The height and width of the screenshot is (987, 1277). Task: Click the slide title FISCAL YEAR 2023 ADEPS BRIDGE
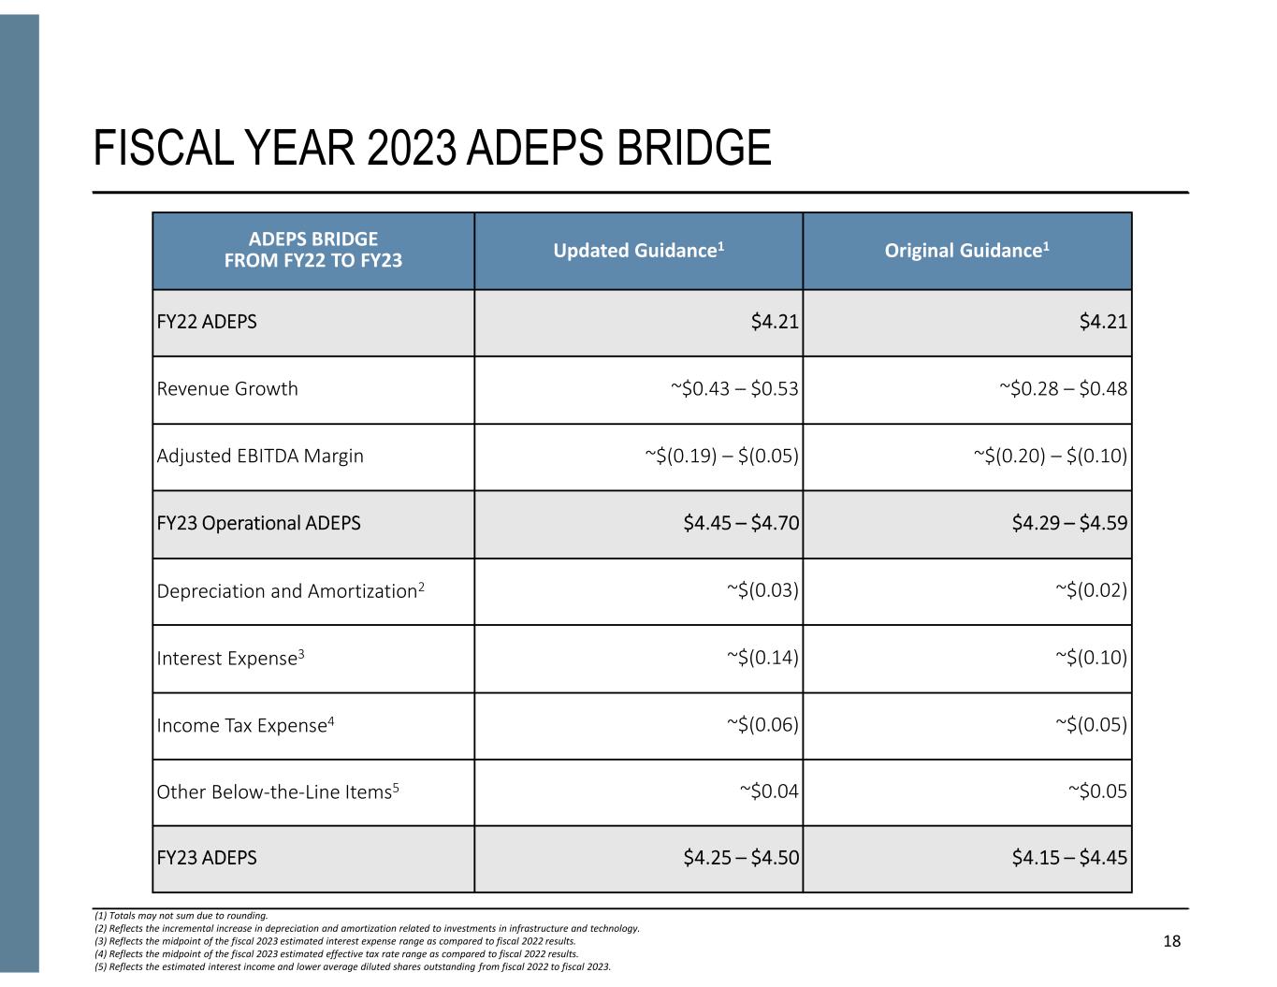click(x=432, y=149)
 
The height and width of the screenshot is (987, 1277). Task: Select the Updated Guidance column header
click(x=639, y=251)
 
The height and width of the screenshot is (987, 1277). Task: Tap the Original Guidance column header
click(x=966, y=251)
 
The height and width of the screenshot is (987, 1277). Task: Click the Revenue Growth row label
click(x=227, y=389)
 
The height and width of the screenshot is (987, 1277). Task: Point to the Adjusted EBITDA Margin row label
click(x=260, y=457)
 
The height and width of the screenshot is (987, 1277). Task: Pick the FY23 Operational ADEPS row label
click(x=258, y=523)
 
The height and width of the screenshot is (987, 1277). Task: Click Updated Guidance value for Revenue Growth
click(x=734, y=389)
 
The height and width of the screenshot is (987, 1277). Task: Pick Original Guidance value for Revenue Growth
click(x=1063, y=389)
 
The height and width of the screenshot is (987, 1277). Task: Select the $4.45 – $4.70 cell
click(x=741, y=523)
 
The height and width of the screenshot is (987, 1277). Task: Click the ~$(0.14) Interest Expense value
click(x=762, y=659)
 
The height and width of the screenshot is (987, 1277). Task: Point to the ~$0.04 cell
click(x=769, y=792)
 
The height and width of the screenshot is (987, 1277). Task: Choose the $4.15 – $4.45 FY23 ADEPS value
click(x=1069, y=858)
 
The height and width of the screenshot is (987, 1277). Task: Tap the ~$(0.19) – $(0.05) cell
click(x=721, y=457)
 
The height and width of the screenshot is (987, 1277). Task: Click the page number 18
click(x=1171, y=941)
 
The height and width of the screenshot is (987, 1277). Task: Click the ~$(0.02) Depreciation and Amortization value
click(x=1091, y=591)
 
